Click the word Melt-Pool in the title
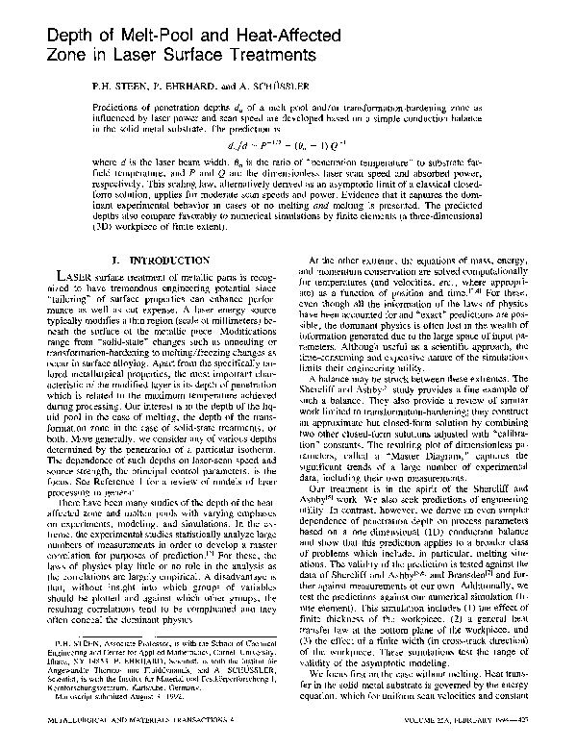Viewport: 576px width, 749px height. (x=147, y=37)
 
